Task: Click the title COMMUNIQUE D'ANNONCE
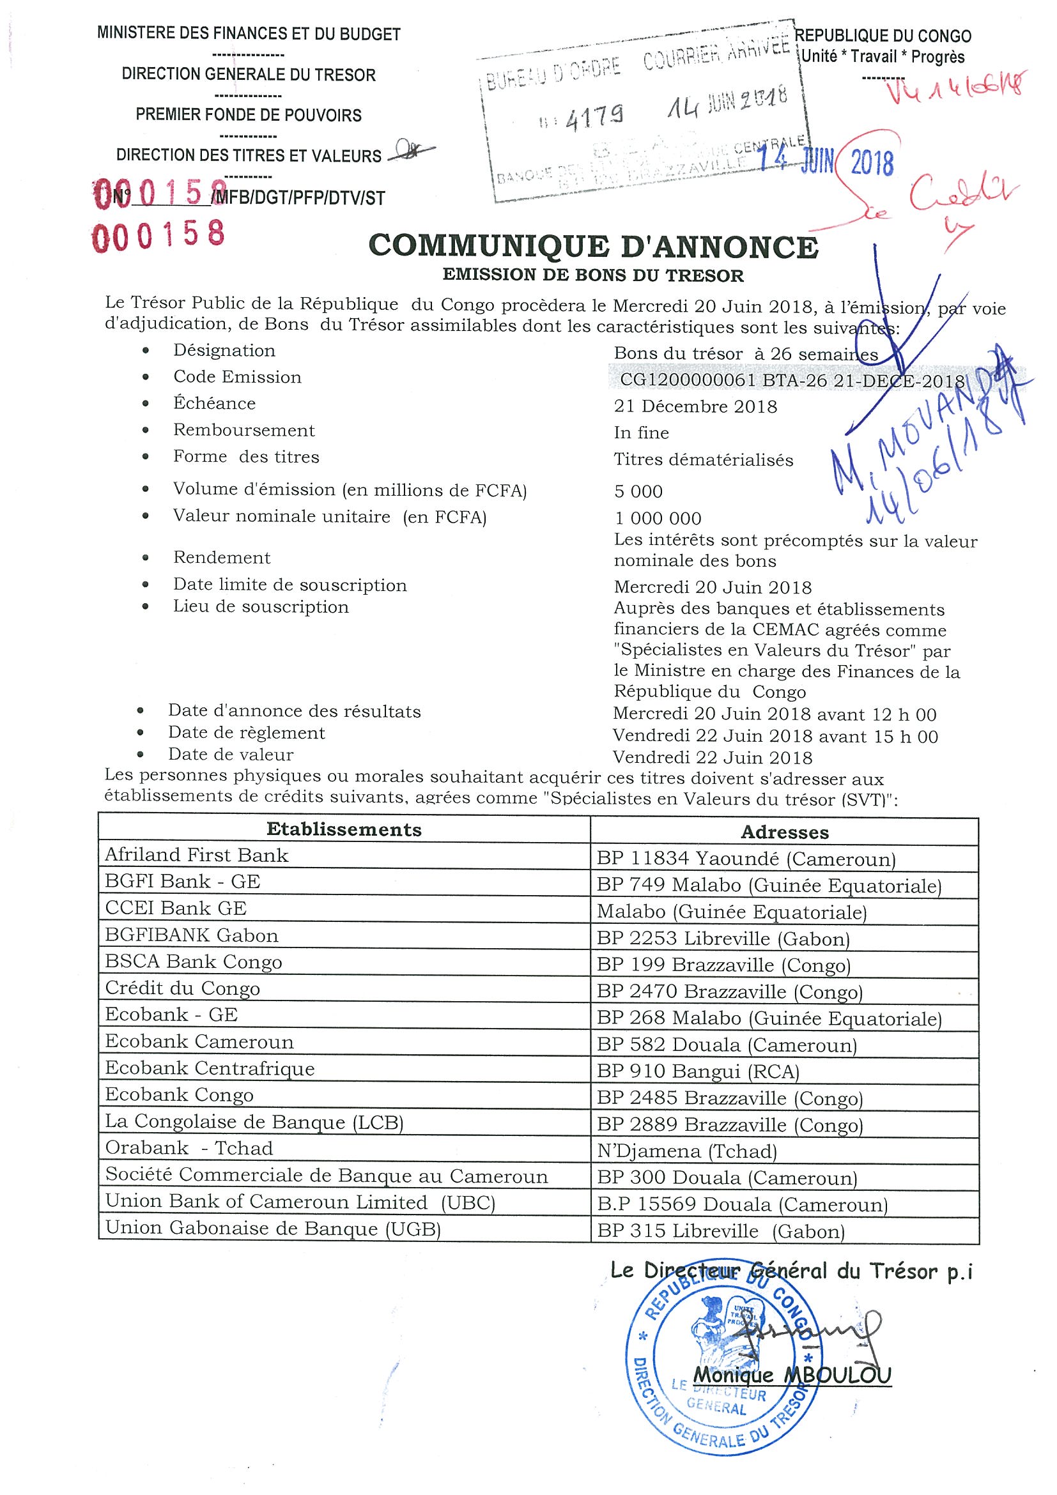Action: coord(592,247)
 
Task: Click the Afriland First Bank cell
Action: coord(196,855)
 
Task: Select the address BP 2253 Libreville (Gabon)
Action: coord(723,939)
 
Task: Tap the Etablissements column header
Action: coord(344,829)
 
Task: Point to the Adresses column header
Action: coord(784,832)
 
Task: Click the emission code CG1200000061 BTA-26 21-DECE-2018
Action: coord(791,380)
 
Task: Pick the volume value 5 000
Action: coord(638,491)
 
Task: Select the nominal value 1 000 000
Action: coord(658,518)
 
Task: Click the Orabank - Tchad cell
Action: coord(189,1148)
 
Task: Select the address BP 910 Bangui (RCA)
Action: coord(697,1071)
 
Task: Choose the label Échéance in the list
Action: coord(214,403)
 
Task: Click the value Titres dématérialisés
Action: coord(704,460)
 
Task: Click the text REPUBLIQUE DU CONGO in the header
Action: coord(883,36)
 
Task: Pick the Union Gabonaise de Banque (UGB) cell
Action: coord(273,1229)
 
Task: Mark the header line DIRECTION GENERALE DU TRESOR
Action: coord(249,75)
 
